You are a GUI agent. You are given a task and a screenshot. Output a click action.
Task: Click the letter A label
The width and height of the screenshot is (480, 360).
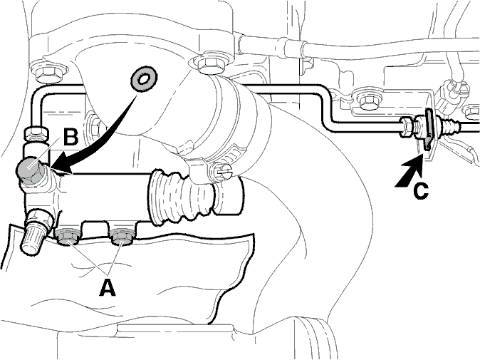pos(108,287)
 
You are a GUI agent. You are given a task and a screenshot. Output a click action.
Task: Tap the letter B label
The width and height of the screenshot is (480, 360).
pos(71,137)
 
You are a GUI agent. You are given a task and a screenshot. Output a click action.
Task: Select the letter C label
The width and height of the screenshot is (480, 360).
pos(421,191)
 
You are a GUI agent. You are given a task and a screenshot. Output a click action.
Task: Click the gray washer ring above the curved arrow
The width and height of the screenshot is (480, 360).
pos(144,78)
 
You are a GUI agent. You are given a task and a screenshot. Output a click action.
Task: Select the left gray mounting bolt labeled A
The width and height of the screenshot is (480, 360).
pos(68,237)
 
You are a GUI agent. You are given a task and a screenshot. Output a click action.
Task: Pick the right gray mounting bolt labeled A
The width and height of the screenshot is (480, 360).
pos(122,237)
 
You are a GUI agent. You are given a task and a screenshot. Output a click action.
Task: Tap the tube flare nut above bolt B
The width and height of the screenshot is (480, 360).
pos(36,132)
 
